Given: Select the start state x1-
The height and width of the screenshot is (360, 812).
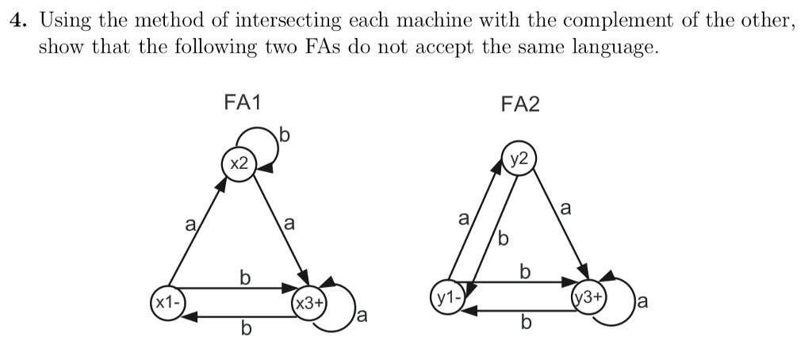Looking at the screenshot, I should [167, 303].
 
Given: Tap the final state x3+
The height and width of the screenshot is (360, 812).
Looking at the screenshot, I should [308, 303].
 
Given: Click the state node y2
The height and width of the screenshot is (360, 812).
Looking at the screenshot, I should [519, 156].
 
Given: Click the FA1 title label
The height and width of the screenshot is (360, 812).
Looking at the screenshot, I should [243, 102].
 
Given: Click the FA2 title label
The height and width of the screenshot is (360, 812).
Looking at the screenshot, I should [520, 103].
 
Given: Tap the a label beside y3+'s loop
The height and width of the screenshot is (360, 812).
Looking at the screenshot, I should [642, 301].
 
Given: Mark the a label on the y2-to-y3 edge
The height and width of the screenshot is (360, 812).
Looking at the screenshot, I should [565, 209].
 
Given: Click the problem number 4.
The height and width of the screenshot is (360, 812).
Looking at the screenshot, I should [16, 21].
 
